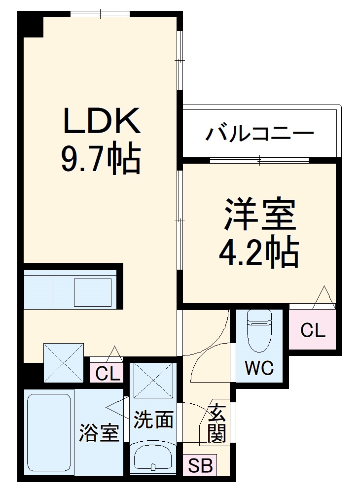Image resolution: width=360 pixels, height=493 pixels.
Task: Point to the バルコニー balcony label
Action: (260, 133)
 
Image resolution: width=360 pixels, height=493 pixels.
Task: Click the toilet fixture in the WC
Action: (259, 330)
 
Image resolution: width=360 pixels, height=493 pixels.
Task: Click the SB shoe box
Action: (200, 465)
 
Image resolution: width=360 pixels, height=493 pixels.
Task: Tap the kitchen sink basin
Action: (94, 292)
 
